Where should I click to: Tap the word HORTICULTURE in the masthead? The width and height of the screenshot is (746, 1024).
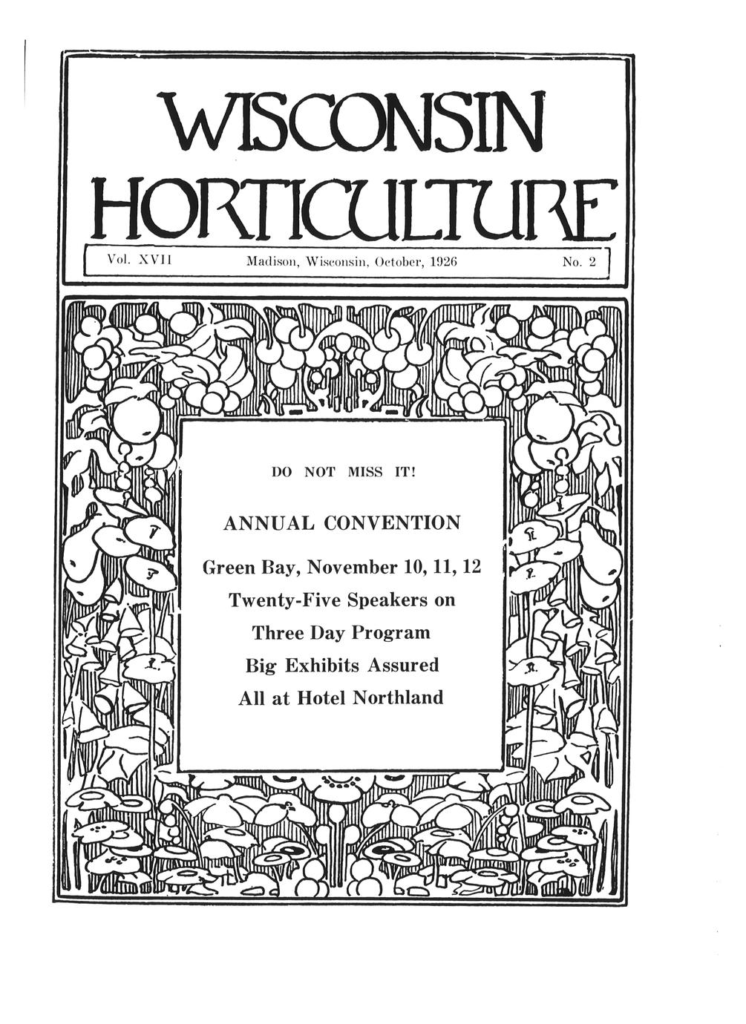356,206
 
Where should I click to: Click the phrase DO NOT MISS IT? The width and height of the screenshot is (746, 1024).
341,471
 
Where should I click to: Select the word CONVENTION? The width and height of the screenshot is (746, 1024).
392,523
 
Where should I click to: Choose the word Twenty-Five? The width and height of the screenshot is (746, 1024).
284,600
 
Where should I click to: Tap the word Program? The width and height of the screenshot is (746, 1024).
390,633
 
